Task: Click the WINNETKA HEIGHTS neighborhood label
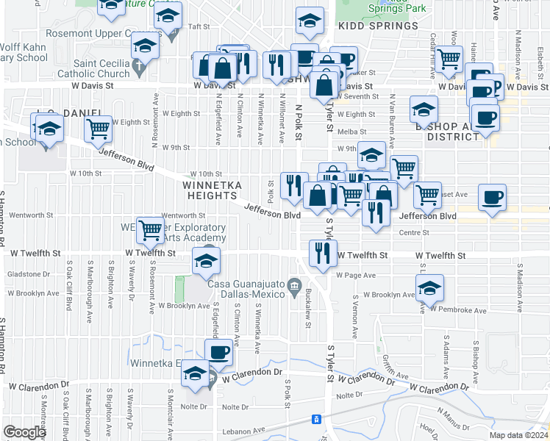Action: click(x=210, y=190)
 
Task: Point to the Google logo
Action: click(x=24, y=433)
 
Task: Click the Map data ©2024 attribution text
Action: click(x=518, y=435)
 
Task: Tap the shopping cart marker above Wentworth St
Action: click(x=151, y=230)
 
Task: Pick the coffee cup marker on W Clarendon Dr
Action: click(x=218, y=352)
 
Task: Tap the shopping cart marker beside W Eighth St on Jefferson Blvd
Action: click(x=98, y=129)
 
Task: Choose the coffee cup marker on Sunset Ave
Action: click(x=492, y=197)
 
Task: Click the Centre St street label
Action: click(x=414, y=233)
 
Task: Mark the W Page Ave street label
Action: click(x=356, y=276)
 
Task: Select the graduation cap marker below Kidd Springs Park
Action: click(x=310, y=21)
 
